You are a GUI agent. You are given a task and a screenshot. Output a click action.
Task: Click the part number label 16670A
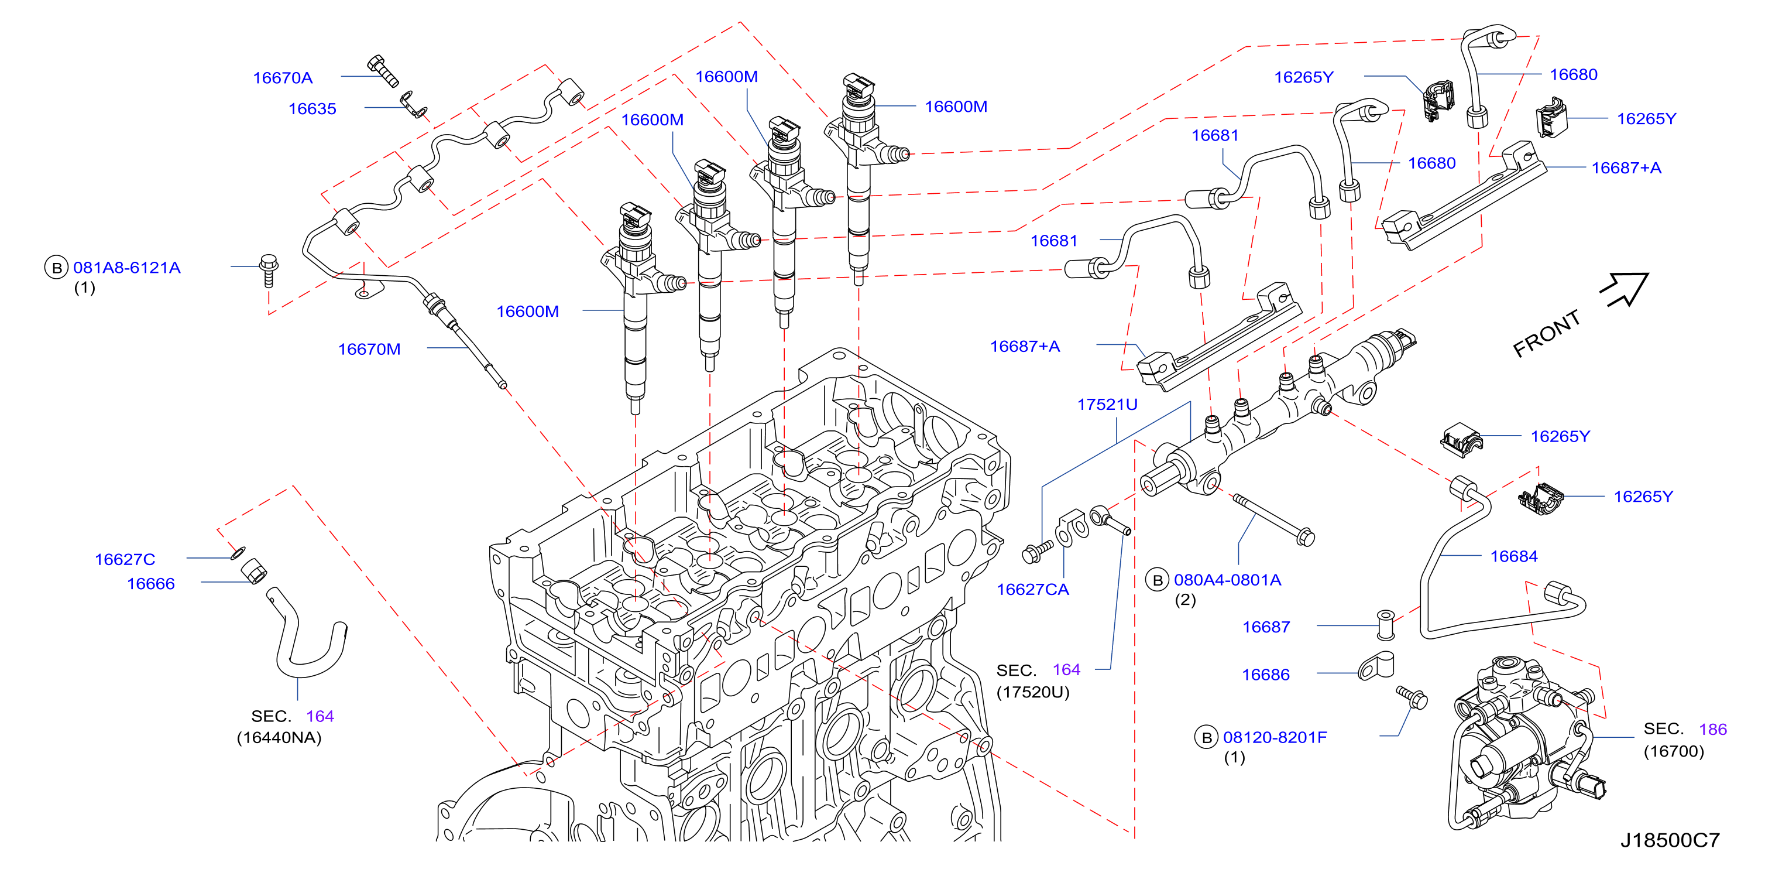(283, 78)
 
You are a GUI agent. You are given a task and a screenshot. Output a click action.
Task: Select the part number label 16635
(313, 109)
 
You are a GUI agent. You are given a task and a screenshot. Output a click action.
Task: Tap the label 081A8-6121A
(127, 268)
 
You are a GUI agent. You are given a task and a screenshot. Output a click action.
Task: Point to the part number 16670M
(369, 350)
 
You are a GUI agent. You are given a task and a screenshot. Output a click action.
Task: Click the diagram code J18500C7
(1670, 840)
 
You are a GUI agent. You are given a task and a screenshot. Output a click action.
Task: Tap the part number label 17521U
(1107, 404)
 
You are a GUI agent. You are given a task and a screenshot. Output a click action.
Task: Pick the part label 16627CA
(1033, 590)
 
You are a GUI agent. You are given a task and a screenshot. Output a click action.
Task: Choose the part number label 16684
(1514, 556)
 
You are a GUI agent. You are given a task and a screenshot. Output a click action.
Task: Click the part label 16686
(1265, 675)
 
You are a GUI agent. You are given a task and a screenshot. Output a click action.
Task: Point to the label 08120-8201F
(1275, 737)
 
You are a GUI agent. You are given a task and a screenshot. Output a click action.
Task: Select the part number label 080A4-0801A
(1227, 580)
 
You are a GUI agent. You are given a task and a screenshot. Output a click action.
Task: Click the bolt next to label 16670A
(383, 71)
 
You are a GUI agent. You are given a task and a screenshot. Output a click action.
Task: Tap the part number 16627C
(125, 559)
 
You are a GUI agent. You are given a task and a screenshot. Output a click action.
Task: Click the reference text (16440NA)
(279, 738)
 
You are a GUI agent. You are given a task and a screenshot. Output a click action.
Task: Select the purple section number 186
(1712, 730)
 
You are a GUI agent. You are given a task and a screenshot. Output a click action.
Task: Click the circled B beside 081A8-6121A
(56, 268)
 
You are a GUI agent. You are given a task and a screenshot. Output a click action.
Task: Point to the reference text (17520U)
(1033, 693)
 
